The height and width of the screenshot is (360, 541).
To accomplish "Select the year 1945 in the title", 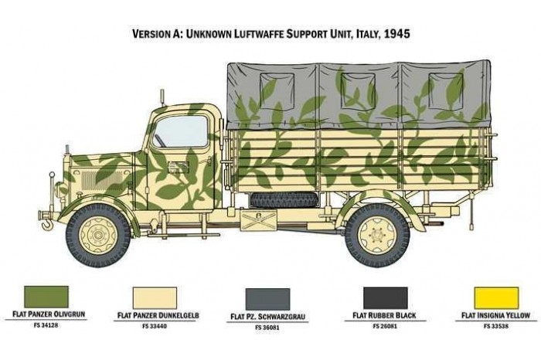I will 395,34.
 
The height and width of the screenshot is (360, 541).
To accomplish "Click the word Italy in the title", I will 357,34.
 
